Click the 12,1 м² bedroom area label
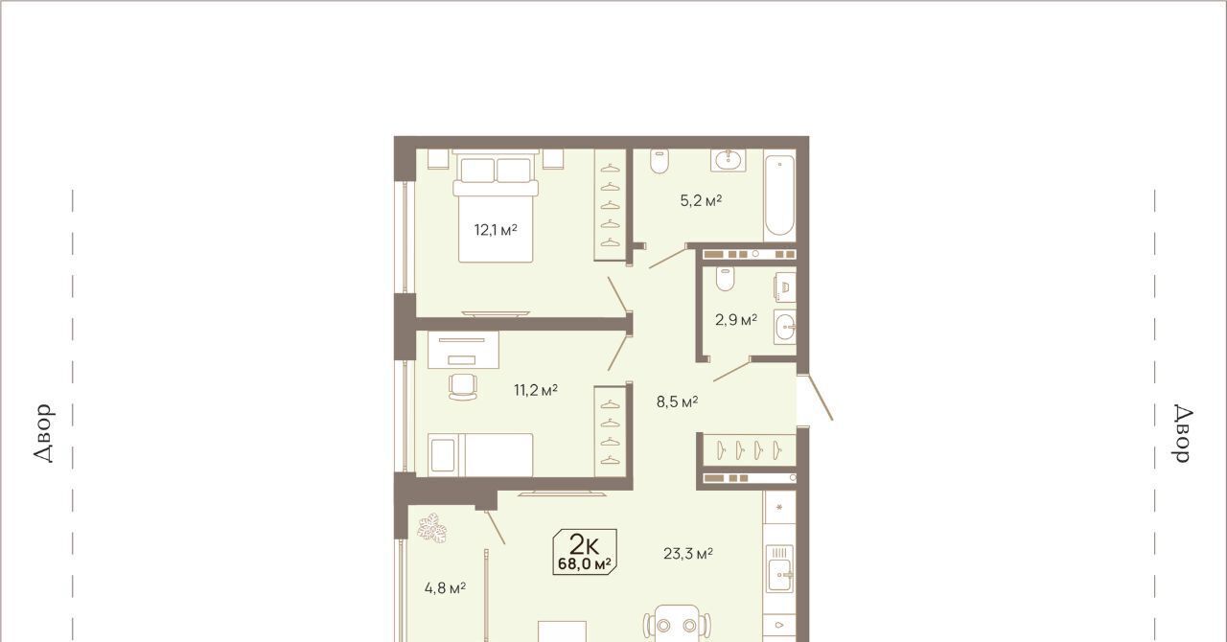coord(496,230)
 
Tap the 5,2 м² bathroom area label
coord(701,200)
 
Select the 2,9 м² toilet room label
coord(736,319)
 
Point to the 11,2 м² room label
coord(536,390)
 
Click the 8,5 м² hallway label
coord(677,402)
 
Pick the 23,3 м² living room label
coord(688,554)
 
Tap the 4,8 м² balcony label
coord(445,588)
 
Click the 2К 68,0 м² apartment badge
coord(585,552)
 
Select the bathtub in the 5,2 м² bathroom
coord(779,195)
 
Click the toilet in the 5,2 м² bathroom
coord(660,161)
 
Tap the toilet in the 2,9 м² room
coord(725,280)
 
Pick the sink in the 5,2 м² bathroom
coord(729,160)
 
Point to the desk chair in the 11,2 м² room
coord(463,387)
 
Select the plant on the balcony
coord(432,528)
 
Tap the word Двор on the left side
coord(44,433)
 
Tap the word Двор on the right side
coord(1183,433)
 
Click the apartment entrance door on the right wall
coord(815,398)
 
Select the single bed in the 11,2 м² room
coord(480,454)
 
